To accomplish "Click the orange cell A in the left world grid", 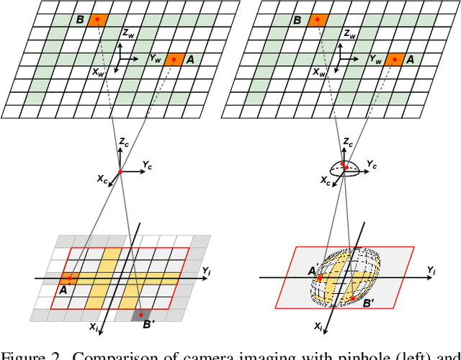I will tap(174, 60).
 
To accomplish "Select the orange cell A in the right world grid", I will tap(394, 60).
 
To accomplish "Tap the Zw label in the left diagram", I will tap(129, 33).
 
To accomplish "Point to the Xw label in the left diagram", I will tap(99, 72).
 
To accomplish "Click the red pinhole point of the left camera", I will tap(120, 171).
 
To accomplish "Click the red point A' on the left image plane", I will tap(69, 277).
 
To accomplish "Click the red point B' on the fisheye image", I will tap(351, 297).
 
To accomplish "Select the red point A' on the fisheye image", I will tap(320, 278).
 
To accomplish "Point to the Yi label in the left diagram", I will tap(207, 271).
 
